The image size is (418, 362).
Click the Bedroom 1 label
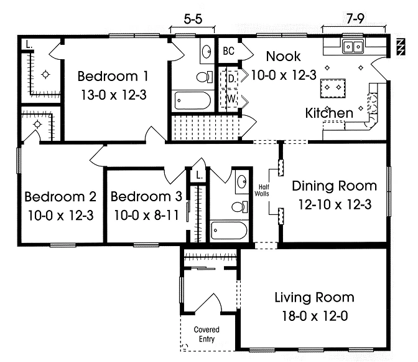(113, 77)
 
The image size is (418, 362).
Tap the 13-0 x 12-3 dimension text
(114, 95)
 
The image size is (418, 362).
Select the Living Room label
(315, 297)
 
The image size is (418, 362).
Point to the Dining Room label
(335, 186)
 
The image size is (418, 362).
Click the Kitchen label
(329, 113)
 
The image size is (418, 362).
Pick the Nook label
(284, 56)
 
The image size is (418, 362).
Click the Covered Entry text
(207, 334)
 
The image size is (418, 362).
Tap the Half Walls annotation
(262, 190)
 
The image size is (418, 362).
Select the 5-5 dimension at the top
(193, 19)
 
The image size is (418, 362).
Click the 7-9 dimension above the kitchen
(355, 19)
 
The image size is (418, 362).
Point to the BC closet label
(228, 51)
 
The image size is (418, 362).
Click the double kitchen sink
(353, 47)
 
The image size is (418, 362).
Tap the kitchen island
(333, 88)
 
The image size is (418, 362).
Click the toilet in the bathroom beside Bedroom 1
(205, 77)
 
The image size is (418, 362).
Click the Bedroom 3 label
(146, 196)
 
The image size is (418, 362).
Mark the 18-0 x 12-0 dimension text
(315, 317)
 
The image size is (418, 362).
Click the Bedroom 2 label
(60, 197)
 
